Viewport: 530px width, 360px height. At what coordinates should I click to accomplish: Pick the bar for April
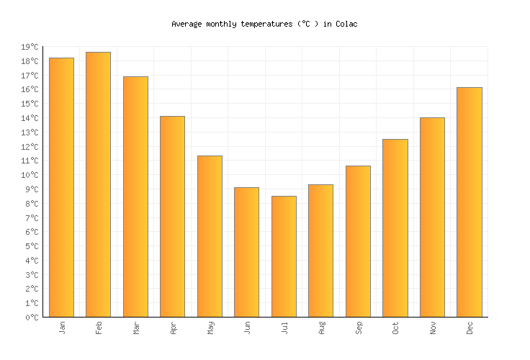click(x=172, y=216)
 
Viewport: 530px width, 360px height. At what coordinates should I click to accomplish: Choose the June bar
click(x=246, y=252)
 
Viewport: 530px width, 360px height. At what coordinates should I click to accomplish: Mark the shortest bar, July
click(x=284, y=256)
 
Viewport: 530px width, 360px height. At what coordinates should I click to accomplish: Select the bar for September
click(x=358, y=241)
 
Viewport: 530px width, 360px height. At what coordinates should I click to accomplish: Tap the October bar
click(x=395, y=228)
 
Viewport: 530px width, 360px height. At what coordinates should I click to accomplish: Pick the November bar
click(x=432, y=217)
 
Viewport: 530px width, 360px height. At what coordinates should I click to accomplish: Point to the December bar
click(x=469, y=202)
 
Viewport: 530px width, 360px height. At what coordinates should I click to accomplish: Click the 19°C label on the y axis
click(x=30, y=48)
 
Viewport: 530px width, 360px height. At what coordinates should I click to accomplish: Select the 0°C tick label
click(x=32, y=318)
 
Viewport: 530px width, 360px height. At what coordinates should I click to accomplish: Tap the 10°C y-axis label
click(x=30, y=176)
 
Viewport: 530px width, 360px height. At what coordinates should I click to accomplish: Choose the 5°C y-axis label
click(x=32, y=246)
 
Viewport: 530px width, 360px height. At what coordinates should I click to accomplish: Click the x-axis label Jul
click(x=284, y=328)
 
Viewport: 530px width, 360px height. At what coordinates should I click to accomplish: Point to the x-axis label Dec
click(x=470, y=328)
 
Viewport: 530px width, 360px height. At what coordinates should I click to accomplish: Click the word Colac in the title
click(x=346, y=24)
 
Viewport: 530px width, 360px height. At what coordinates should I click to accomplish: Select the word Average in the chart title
click(x=187, y=24)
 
